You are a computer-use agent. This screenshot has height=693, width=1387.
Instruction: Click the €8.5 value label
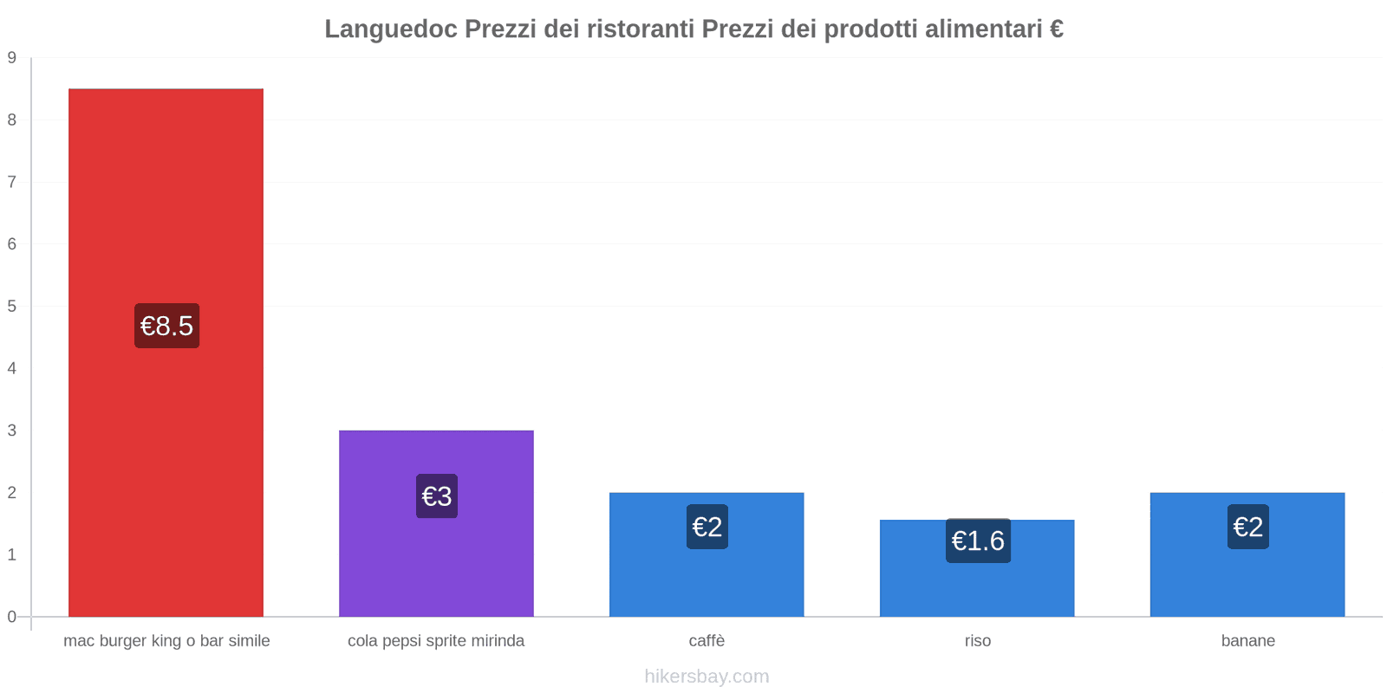pos(166,326)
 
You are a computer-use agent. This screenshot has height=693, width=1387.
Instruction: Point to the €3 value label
pos(436,496)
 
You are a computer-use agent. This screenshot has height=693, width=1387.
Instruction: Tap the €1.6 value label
pos(978,541)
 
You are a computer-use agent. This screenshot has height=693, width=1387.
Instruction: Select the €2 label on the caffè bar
pos(707,527)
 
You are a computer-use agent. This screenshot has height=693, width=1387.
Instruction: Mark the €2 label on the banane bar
pos(1247,527)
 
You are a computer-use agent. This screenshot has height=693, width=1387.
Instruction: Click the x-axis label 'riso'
pos(977,641)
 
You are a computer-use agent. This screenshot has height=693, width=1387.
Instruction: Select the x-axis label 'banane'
pos(1247,641)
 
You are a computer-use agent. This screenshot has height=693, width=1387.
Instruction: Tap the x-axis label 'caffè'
pos(707,641)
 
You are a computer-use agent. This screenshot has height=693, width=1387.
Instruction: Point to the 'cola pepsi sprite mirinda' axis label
pos(436,641)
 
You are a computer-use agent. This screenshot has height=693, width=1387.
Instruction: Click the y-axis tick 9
pos(12,58)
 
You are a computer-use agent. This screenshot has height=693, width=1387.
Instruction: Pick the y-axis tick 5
pos(12,307)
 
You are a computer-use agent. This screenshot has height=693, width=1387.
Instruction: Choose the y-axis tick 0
pos(12,617)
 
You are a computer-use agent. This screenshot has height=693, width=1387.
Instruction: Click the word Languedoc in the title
pos(391,29)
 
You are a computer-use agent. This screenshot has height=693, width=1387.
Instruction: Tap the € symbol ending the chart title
pos(1056,29)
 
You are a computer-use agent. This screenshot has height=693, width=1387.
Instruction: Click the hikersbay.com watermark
pos(707,677)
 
